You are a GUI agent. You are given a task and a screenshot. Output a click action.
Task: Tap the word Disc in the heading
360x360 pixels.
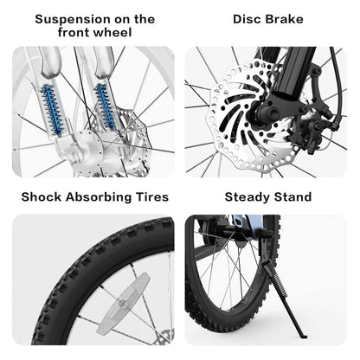point(247,19)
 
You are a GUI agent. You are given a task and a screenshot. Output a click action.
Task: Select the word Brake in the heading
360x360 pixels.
point(285,19)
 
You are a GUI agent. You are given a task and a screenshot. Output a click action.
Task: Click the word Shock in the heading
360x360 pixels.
point(42,197)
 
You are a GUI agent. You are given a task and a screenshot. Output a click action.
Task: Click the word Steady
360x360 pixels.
point(247,197)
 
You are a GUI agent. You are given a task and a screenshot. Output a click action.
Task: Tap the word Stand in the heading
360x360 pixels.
point(292,197)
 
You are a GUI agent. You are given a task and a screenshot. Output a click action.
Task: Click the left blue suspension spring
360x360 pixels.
point(52,110)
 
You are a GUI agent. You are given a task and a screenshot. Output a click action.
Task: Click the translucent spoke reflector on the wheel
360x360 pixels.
point(124,303)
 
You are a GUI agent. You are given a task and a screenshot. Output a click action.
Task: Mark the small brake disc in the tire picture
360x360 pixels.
point(164,337)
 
